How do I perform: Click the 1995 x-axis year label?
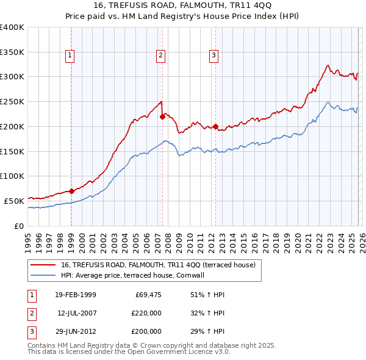click(28, 237)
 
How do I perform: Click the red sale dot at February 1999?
click(72, 191)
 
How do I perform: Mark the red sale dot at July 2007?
click(162, 116)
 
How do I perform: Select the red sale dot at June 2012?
click(216, 126)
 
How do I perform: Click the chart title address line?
click(183, 6)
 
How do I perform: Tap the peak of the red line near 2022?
click(328, 65)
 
